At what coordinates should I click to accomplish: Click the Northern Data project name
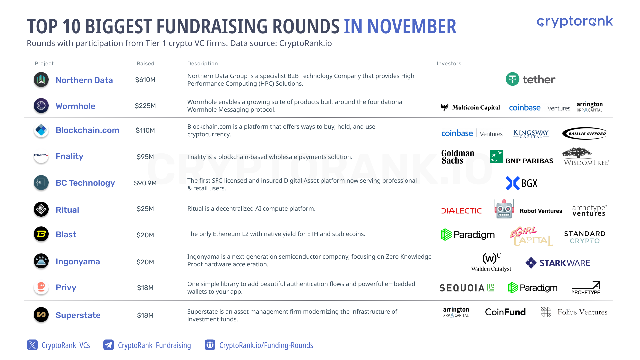click(84, 80)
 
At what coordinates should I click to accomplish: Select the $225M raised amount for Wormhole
click(145, 106)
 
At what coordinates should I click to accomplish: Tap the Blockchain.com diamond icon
click(41, 130)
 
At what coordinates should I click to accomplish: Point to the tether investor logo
click(530, 79)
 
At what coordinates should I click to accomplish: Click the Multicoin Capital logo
click(470, 107)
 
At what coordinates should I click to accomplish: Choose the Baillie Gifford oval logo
click(585, 133)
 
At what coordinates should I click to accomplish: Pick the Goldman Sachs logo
click(458, 157)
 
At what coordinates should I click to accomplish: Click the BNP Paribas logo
click(521, 157)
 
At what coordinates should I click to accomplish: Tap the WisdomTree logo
click(586, 156)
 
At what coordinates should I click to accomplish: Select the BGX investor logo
click(522, 183)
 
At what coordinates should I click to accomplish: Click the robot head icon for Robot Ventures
click(504, 209)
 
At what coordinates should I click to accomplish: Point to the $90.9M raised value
click(145, 183)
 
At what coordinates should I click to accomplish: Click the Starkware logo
click(558, 263)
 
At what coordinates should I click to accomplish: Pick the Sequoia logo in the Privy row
click(467, 288)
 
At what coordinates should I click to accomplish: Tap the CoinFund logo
click(505, 312)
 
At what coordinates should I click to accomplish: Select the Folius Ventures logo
click(574, 312)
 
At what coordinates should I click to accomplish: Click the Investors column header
click(449, 63)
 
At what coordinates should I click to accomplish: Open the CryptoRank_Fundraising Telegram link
click(147, 345)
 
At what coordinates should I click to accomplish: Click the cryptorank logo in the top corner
click(575, 22)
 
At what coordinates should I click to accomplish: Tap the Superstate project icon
click(41, 314)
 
